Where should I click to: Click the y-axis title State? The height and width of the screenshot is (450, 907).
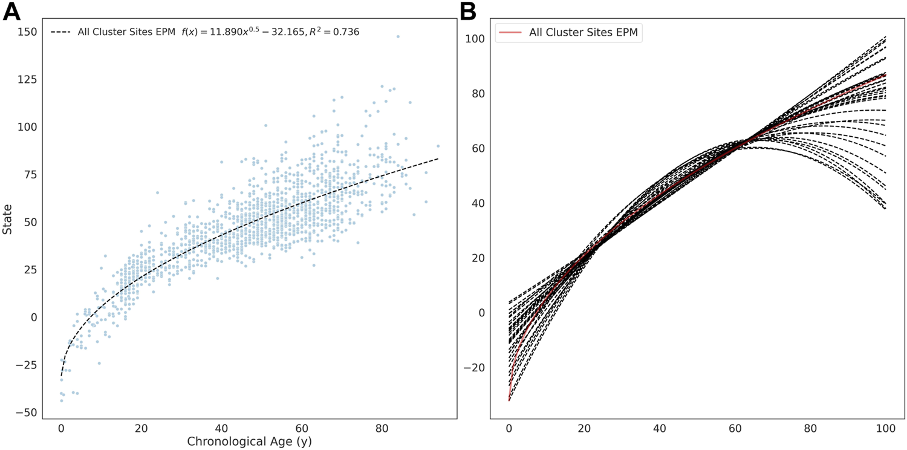pyautogui.click(x=8, y=222)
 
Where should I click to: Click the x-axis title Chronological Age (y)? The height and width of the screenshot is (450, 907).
pyautogui.click(x=249, y=442)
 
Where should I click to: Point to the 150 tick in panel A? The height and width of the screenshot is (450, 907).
pyautogui.click(x=28, y=31)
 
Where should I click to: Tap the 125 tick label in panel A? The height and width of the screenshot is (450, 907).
pyautogui.click(x=28, y=79)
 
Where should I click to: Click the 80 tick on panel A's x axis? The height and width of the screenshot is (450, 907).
pyautogui.click(x=381, y=428)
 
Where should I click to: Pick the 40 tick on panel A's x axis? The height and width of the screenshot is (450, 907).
pyautogui.click(x=221, y=428)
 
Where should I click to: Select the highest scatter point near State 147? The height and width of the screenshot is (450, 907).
pyautogui.click(x=398, y=36)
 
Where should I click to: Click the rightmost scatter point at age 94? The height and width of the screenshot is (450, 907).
pyautogui.click(x=438, y=146)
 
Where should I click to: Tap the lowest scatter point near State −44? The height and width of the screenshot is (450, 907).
pyautogui.click(x=62, y=400)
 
